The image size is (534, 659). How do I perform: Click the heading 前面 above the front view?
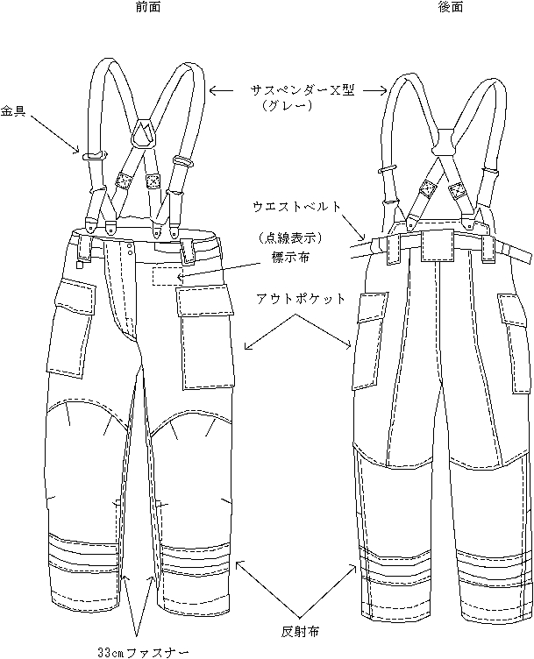point(147,7)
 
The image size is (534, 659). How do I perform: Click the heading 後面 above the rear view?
point(451,7)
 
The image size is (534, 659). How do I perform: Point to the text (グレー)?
point(288,106)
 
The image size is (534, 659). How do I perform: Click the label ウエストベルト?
point(294,207)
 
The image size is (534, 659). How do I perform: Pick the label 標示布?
point(289,259)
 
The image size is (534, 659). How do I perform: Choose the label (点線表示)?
point(290,237)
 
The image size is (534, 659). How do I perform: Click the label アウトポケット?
point(301,299)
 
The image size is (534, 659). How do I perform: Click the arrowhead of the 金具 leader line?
point(80,152)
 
